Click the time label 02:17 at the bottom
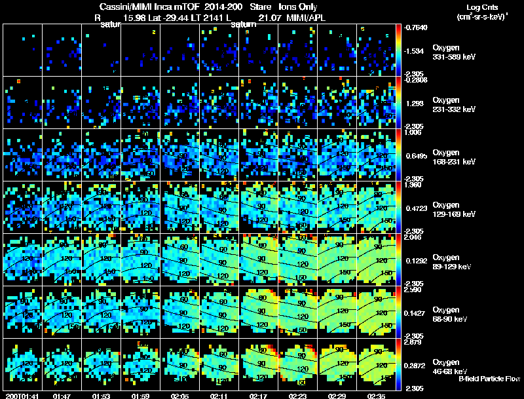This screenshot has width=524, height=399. (x=259, y=396)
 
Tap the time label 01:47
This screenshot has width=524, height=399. (x=62, y=396)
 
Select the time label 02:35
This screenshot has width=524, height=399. (x=377, y=396)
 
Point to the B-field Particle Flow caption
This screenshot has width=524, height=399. (x=489, y=379)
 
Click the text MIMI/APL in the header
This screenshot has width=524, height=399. (x=305, y=18)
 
